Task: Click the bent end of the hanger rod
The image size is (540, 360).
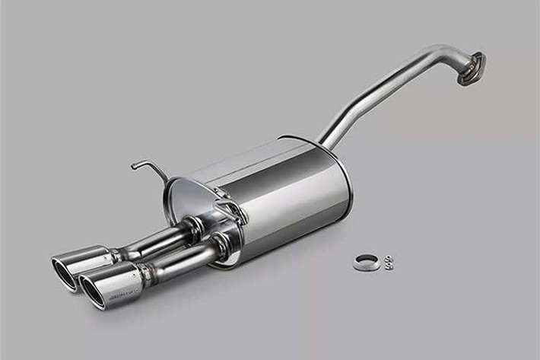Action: tap(136, 164)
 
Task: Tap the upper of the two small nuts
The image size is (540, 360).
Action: tap(388, 258)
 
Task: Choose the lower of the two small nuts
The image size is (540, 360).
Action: tap(389, 266)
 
